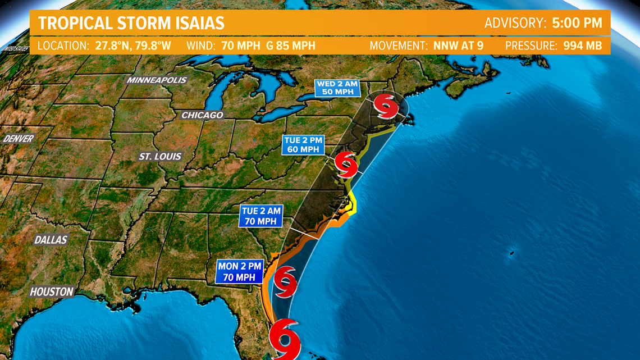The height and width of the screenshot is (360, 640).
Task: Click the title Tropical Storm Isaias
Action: pos(131,23)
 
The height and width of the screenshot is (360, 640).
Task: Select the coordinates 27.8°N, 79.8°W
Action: pos(132,45)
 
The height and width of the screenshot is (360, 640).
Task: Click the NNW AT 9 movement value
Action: pos(458,45)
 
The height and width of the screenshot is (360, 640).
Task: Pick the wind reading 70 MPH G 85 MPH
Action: pos(268,45)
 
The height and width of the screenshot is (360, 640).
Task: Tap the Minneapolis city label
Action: pos(157,80)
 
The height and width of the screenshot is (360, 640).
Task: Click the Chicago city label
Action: pos(202,115)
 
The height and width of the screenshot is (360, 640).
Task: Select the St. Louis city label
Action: pos(160,156)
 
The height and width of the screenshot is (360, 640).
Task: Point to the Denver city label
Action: pos(19,138)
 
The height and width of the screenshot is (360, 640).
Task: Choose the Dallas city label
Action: pos(51,240)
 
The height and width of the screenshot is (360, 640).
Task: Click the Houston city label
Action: pos(52,291)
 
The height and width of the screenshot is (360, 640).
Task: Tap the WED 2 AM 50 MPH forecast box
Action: pos(337,88)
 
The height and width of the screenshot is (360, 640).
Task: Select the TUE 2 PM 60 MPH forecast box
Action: pos(303,144)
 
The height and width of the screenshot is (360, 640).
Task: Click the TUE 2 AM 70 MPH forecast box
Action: pos(260,216)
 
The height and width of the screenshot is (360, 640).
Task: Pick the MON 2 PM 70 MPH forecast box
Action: pos(239,272)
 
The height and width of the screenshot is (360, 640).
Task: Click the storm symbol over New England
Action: pos(387,106)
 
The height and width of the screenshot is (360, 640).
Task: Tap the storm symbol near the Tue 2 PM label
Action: pos(346,164)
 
